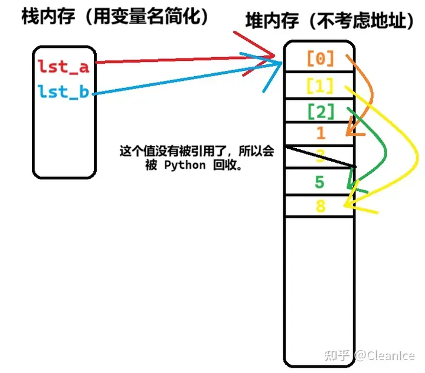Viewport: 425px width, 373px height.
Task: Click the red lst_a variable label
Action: point(63,66)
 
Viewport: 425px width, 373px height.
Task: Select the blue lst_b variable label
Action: point(63,91)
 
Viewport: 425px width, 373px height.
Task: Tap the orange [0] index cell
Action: point(320,58)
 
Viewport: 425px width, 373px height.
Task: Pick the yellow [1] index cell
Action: point(320,86)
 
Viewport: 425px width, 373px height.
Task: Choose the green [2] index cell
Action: point(320,111)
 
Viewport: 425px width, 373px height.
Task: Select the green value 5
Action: point(319,182)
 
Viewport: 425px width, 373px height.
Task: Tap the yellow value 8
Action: point(320,205)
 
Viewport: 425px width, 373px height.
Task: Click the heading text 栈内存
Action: point(41,16)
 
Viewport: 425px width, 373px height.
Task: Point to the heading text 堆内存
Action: point(267,22)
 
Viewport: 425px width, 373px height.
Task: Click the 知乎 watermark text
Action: point(339,355)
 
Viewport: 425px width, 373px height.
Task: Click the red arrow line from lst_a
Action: point(177,60)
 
